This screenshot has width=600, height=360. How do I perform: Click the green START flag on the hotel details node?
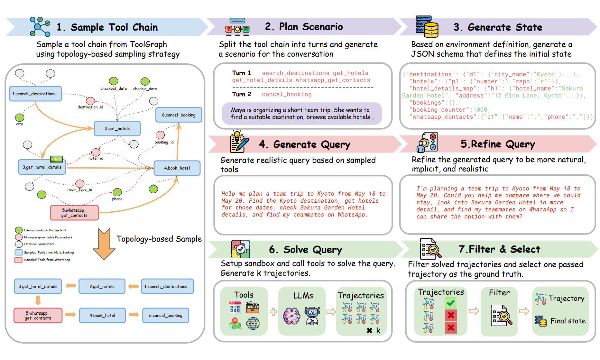[x=56, y=159]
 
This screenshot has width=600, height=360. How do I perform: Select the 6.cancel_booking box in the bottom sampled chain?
[x=166, y=316]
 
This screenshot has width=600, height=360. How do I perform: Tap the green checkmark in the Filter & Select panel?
[x=451, y=303]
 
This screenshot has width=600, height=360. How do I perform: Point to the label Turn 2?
[x=242, y=94]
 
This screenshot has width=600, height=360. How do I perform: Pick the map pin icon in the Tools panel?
[x=235, y=323]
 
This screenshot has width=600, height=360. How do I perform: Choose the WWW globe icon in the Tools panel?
[x=253, y=323]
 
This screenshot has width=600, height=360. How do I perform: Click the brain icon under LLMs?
[x=291, y=316]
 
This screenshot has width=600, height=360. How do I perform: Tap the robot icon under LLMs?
[x=312, y=316]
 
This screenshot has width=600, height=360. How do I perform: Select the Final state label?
[x=568, y=321]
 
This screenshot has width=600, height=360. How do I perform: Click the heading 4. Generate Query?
[x=304, y=144]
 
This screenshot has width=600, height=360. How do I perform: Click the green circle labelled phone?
[x=117, y=192]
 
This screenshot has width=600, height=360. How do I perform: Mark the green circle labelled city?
[x=20, y=117]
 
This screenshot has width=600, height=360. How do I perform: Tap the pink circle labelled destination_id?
[x=91, y=101]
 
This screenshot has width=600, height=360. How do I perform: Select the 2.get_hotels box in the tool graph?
[x=117, y=128]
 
